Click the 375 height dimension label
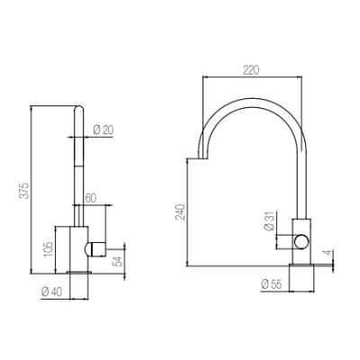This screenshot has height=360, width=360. (x=25, y=191)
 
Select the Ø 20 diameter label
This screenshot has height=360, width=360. (x=103, y=130)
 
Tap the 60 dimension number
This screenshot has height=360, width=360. (x=91, y=198)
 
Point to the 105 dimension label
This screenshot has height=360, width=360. (x=48, y=249)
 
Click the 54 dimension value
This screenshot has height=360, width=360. (x=118, y=261)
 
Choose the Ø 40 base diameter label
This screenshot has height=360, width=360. (x=52, y=292)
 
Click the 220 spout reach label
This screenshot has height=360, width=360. (x=251, y=70)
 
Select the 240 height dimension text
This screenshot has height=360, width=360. (x=180, y=212)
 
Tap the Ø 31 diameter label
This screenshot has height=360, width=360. (x=269, y=222)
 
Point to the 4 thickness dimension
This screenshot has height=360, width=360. (x=328, y=252)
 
